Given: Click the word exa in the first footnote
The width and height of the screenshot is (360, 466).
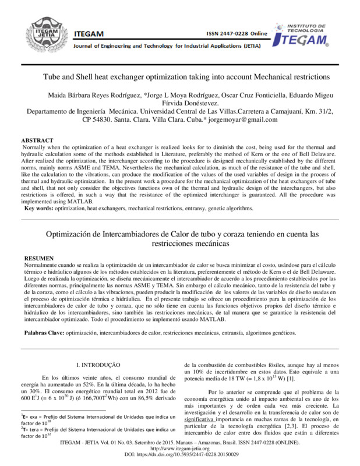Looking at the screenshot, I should [x=36, y=418].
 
